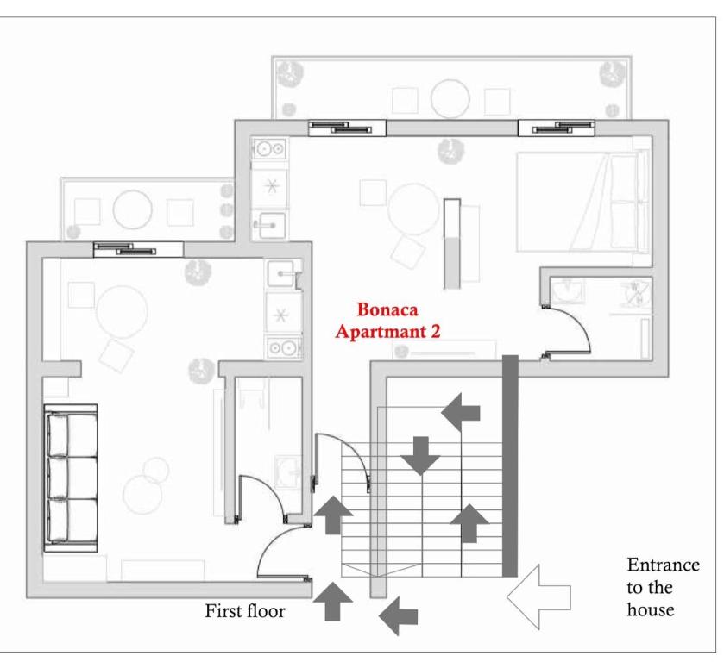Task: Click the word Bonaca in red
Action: tap(387, 309)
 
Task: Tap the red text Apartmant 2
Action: tap(387, 331)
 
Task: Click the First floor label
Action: tap(245, 611)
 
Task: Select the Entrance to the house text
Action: tap(663, 587)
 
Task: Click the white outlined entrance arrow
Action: tap(538, 597)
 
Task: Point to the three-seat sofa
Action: tap(71, 478)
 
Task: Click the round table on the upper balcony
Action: tap(450, 99)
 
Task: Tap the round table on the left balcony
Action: tap(133, 209)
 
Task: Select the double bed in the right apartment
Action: tap(582, 202)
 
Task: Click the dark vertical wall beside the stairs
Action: tap(510, 466)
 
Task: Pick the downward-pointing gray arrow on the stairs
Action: tap(420, 456)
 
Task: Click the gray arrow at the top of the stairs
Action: tap(460, 412)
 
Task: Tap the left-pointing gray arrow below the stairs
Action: tap(398, 615)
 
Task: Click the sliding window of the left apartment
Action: tap(138, 250)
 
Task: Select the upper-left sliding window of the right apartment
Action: tap(347, 128)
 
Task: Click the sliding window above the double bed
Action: tap(557, 128)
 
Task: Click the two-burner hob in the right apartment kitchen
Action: tap(269, 148)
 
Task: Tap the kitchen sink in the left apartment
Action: tap(280, 273)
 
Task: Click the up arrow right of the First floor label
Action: tap(332, 602)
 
